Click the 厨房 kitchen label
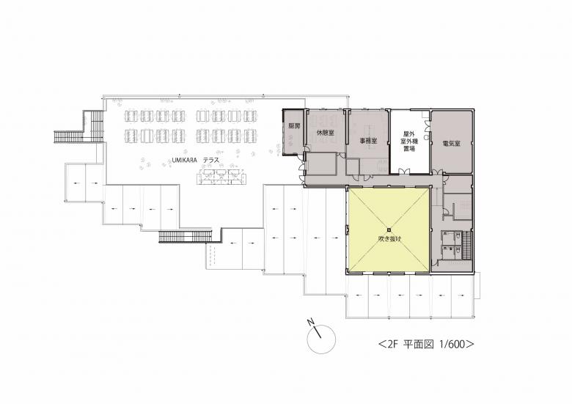pos(294,127)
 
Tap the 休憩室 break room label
pos(326,133)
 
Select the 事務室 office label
pos(368,141)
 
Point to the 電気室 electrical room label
pos(451,144)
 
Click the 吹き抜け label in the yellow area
pos(389,240)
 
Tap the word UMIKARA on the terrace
pos(185,160)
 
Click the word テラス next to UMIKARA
pos(211,160)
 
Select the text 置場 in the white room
pos(408,148)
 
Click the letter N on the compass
pos(311,322)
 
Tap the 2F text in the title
pos(392,344)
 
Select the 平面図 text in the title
pos(419,344)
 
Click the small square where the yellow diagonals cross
pos(389,229)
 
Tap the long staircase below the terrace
pos(186,236)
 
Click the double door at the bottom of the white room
pos(405,171)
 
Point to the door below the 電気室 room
pos(436,172)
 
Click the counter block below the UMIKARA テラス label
pos(221,177)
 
